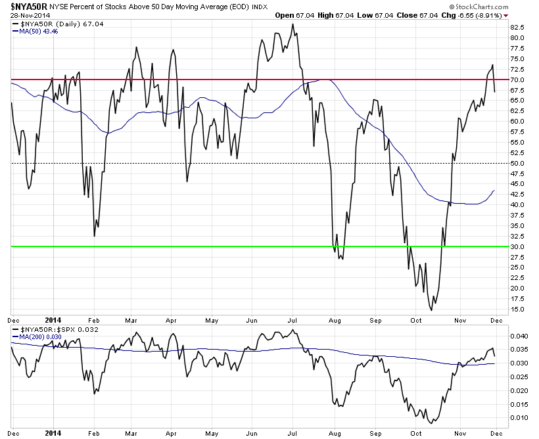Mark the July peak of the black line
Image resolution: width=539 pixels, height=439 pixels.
(x=293, y=24)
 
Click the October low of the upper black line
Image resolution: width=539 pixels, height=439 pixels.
(x=431, y=310)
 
